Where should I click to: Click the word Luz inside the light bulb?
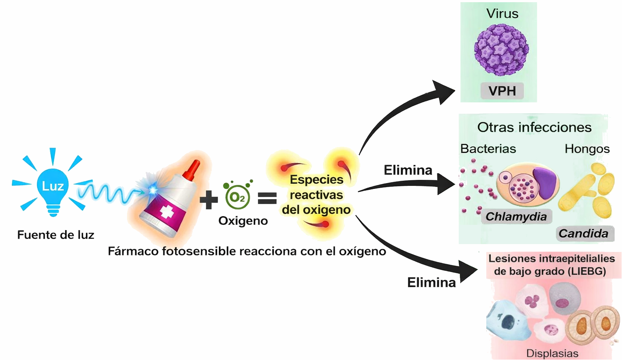click(53, 186)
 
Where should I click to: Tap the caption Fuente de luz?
click(56, 235)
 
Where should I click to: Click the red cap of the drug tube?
click(191, 171)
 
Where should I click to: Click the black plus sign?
click(208, 200)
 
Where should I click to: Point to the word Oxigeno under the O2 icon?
click(243, 221)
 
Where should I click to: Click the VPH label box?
click(502, 91)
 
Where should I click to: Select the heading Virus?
click(502, 14)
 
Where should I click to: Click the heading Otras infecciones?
click(534, 128)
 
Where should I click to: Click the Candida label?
click(583, 234)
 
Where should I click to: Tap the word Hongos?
click(587, 149)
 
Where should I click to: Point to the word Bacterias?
click(488, 149)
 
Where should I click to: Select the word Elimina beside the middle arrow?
click(408, 170)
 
